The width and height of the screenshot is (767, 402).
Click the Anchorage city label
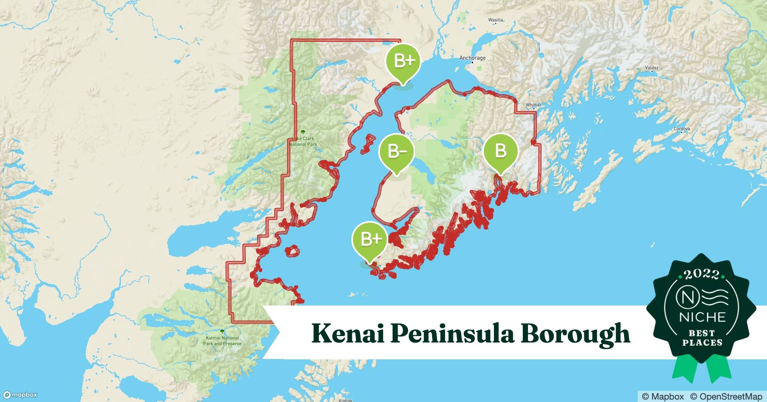point(472,58)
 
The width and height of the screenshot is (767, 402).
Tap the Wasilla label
point(496,20)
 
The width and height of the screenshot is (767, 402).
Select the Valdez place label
point(652,68)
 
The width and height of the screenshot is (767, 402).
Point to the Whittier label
point(534,105)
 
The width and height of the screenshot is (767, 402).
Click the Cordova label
point(682,129)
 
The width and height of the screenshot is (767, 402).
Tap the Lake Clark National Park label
point(303,141)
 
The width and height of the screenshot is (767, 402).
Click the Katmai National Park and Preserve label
point(222,340)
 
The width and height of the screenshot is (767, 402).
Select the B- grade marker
point(396,152)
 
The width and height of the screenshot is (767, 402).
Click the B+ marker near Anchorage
point(403,61)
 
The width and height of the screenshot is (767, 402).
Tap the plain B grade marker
point(500,151)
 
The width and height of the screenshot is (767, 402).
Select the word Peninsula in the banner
point(452,334)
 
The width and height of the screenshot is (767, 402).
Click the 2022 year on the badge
point(701,275)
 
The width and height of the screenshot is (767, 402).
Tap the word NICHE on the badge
point(702,317)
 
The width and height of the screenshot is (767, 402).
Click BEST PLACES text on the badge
point(702,338)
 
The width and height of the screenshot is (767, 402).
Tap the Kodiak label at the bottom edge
point(345,400)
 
